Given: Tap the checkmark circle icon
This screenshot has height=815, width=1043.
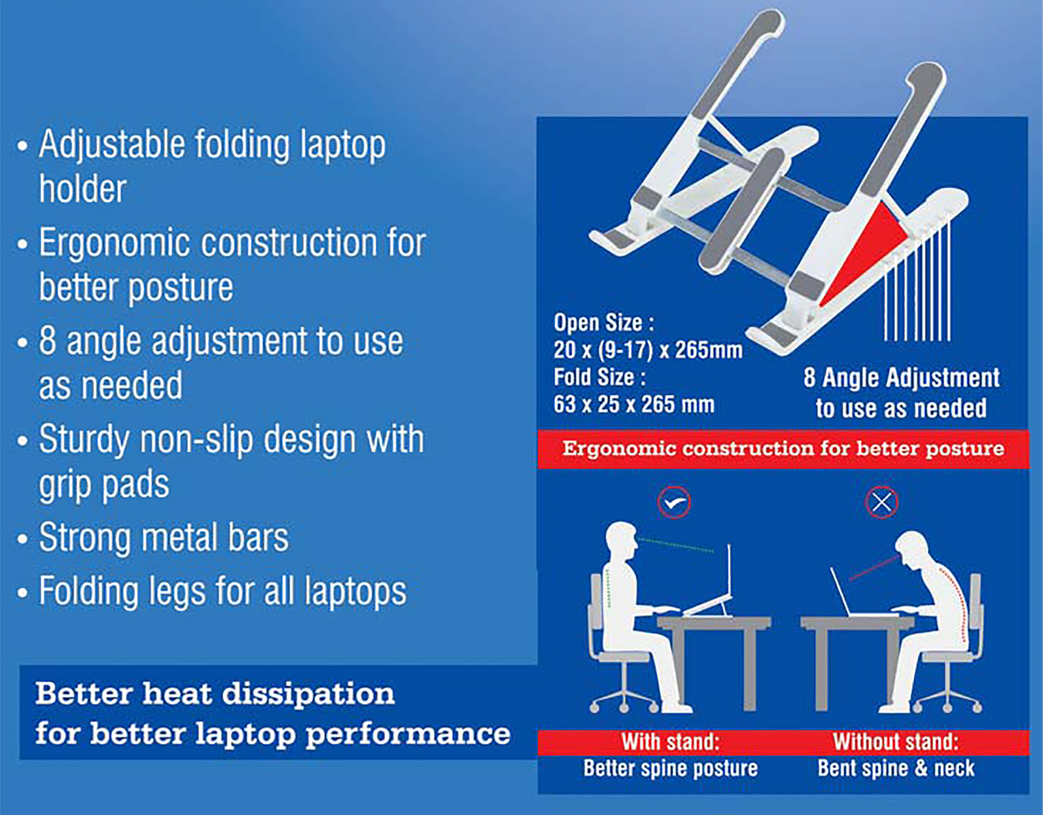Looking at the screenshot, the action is click(674, 503).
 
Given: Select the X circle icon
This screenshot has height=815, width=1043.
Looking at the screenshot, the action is click(882, 503).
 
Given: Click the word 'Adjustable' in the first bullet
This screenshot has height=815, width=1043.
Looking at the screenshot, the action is click(112, 145).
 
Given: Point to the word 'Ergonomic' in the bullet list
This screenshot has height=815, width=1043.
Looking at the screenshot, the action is click(115, 244).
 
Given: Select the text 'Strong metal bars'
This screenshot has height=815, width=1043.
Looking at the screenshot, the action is click(164, 537).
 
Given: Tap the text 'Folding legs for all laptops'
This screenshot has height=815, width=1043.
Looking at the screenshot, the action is click(223, 592).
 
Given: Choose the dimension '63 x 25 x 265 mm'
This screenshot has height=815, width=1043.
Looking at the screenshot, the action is click(634, 405).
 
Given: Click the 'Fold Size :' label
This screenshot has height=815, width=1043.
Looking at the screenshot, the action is click(600, 377).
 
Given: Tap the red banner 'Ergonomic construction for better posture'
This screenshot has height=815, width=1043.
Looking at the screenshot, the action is click(783, 449).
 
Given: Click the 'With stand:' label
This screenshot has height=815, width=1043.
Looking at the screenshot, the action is click(670, 743).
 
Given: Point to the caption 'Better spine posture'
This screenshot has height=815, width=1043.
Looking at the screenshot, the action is click(670, 768).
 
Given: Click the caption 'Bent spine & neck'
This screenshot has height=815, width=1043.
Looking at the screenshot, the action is click(896, 768).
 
